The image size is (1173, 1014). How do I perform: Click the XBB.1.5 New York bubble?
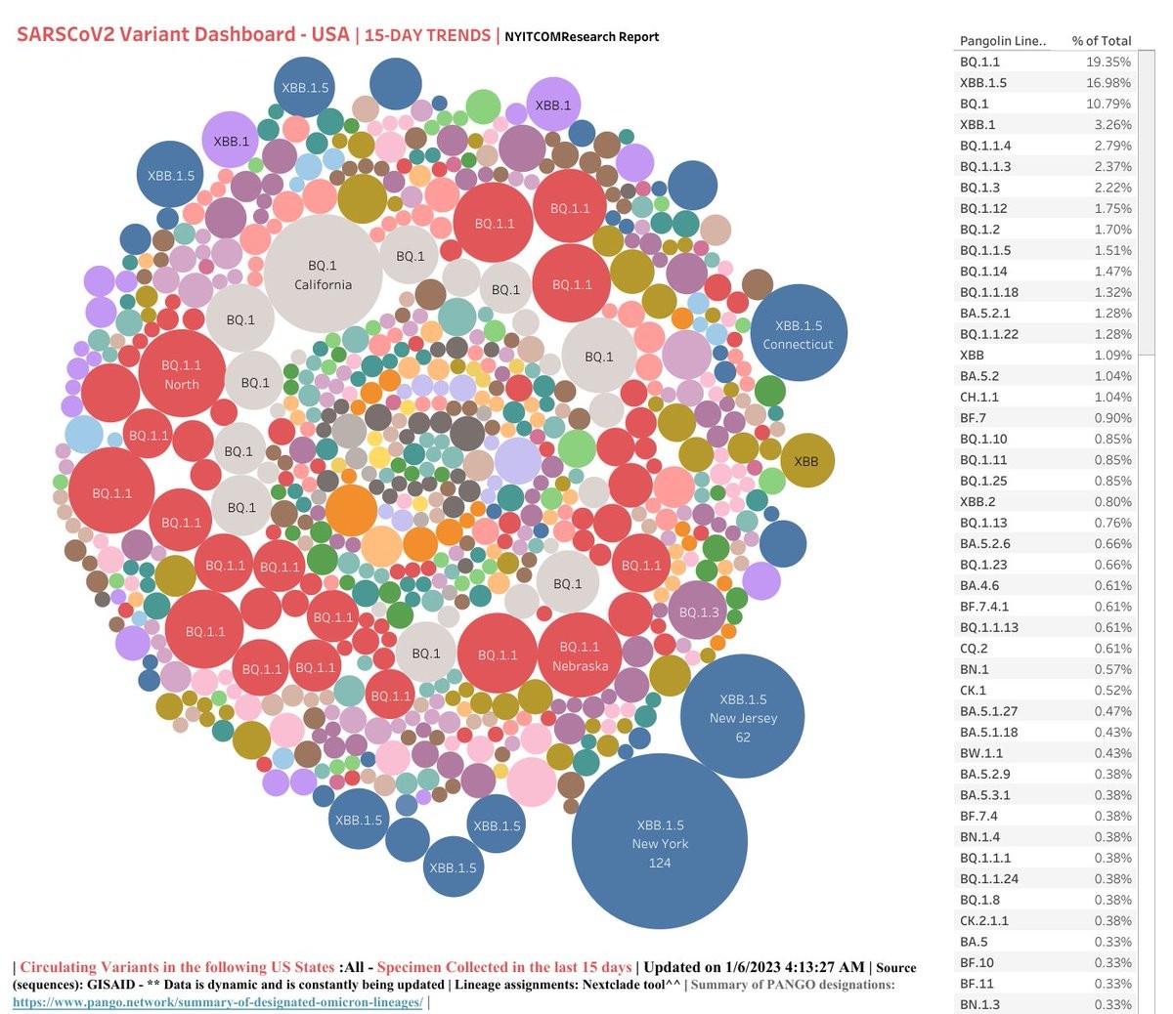point(660,842)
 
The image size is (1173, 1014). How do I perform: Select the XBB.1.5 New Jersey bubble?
point(743,716)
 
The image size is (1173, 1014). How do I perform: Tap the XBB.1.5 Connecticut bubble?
point(799,333)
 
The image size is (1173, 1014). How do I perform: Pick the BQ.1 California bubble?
point(323,274)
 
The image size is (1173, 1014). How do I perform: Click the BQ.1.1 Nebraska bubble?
point(580,655)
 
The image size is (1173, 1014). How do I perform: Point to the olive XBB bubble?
point(806,461)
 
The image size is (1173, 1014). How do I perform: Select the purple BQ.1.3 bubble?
point(699,612)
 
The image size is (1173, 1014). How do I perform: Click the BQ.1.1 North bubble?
point(182,374)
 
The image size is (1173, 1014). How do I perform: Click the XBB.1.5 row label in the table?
point(982,83)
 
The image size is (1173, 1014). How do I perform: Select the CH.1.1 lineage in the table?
point(979,397)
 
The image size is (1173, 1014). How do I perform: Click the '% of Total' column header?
point(1101,41)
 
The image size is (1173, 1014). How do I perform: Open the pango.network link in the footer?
point(217,1002)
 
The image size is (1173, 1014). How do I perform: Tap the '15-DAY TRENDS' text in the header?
point(427,35)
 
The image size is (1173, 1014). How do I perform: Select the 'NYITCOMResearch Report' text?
point(582,37)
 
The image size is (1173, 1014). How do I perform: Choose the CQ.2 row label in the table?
point(974,648)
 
